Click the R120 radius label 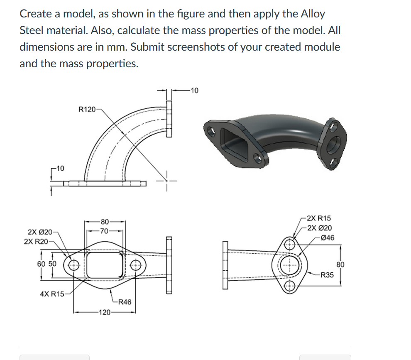86,110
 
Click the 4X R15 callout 52,294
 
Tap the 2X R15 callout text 318,218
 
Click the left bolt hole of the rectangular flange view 74,264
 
